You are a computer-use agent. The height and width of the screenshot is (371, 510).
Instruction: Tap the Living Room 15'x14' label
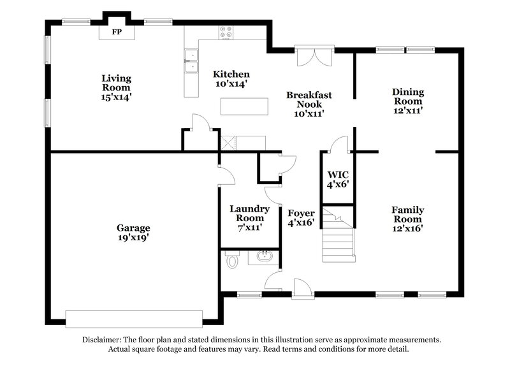click(117, 87)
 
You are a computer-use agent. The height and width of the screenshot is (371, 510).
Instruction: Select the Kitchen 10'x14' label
click(231, 78)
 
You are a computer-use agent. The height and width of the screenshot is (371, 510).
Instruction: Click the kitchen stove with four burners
click(227, 30)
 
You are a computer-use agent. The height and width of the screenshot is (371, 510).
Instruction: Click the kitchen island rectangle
click(245, 106)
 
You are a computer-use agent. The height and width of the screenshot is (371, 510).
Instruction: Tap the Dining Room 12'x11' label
click(408, 101)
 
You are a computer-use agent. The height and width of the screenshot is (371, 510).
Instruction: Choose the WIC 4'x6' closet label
click(338, 178)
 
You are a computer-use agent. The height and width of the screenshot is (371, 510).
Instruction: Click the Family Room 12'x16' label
click(408, 218)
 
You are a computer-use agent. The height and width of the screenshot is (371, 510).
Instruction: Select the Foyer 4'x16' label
click(302, 218)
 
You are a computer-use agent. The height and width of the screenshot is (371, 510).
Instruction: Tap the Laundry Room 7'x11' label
click(250, 217)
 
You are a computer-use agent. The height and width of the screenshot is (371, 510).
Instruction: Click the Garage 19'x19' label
click(133, 232)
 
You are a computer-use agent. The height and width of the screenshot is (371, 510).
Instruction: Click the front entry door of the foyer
click(301, 290)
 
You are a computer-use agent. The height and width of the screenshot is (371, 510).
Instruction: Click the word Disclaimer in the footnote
click(104, 340)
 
